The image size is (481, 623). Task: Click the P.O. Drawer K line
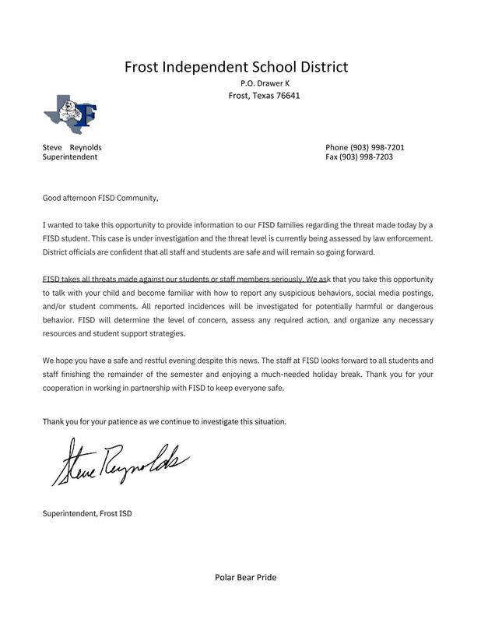[x=264, y=83]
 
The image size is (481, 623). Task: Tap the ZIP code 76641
[x=285, y=96]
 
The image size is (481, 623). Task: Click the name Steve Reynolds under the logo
[x=72, y=147]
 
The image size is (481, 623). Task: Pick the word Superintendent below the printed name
[x=70, y=157]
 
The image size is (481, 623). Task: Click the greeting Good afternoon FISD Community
[x=100, y=198]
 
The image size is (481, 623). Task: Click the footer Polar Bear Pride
[x=245, y=577]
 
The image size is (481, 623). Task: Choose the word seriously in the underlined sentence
[x=283, y=279]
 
